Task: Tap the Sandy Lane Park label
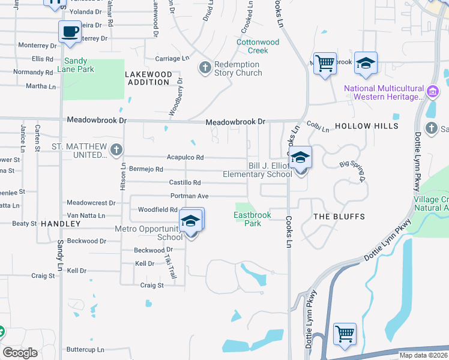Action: pyautogui.click(x=76, y=65)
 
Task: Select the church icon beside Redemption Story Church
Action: pyautogui.click(x=205, y=68)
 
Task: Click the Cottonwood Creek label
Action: pyautogui.click(x=258, y=46)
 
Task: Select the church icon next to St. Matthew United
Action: pyautogui.click(x=116, y=149)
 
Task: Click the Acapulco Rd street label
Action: pyautogui.click(x=185, y=158)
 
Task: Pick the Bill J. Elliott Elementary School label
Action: pyautogui.click(x=257, y=170)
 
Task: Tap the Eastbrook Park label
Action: pyautogui.click(x=253, y=219)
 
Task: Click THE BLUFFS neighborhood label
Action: pyautogui.click(x=340, y=216)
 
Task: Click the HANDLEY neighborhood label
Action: pyautogui.click(x=61, y=224)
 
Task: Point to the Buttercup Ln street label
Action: pyautogui.click(x=85, y=349)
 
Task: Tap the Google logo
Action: pyautogui.click(x=20, y=353)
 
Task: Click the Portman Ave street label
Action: pyautogui.click(x=189, y=196)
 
